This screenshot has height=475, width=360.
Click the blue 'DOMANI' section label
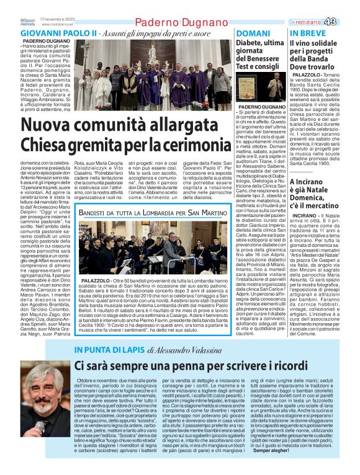[x=253, y=33]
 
